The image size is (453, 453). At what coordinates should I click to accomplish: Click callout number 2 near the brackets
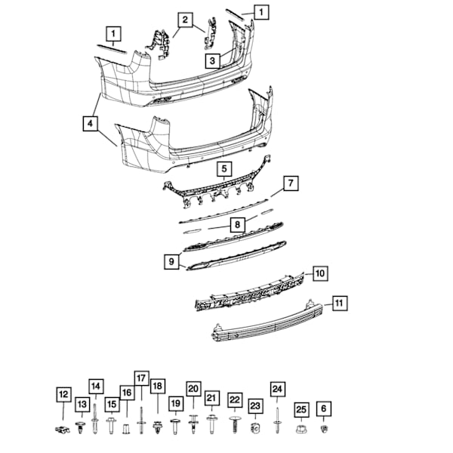pos(186,19)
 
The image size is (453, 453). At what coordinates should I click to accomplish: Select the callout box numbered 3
pos(214,60)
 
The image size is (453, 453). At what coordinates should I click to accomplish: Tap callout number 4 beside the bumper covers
pos(91,122)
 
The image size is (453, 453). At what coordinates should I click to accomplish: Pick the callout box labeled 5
pos(224,168)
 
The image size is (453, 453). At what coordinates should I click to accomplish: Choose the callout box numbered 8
pos(237,224)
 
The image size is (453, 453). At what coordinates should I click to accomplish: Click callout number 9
pos(173,262)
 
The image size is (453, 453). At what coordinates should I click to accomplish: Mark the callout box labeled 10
pos(320,273)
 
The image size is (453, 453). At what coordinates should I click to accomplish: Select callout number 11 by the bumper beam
pos(340,304)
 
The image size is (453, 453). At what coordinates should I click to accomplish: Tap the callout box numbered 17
pos(141,378)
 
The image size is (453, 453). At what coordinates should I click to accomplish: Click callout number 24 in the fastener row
pos(278,390)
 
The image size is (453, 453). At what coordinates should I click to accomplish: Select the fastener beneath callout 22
pos(235,427)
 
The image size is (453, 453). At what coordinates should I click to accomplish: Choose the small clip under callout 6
pos(324,430)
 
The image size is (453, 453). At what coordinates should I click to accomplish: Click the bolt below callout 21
pos(212,427)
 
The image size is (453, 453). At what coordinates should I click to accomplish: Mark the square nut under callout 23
pos(255,429)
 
